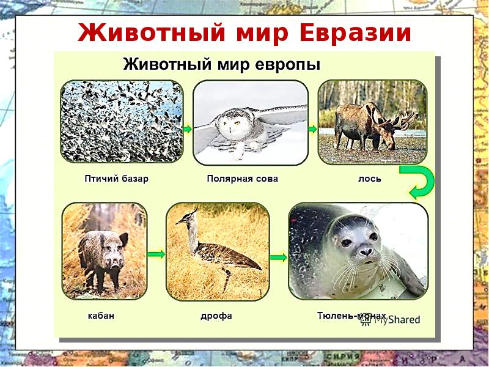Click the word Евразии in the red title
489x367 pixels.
pos(355,33)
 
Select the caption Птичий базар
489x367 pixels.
pos(116,179)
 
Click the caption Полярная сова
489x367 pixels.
pos(242,179)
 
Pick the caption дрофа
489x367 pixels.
pos(216,316)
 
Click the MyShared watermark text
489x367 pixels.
pos(398,319)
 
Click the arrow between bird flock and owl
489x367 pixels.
pos(188,128)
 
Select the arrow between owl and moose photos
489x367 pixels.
pos(313,128)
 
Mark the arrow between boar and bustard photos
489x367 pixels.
pos(156,253)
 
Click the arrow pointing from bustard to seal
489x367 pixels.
pos(279,258)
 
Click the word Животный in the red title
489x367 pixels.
pos(144,33)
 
